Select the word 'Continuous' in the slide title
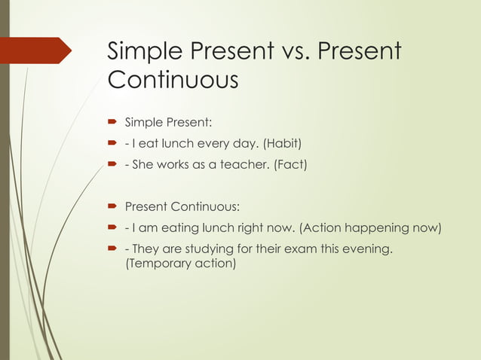pos(173,78)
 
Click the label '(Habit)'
pos(286,143)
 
